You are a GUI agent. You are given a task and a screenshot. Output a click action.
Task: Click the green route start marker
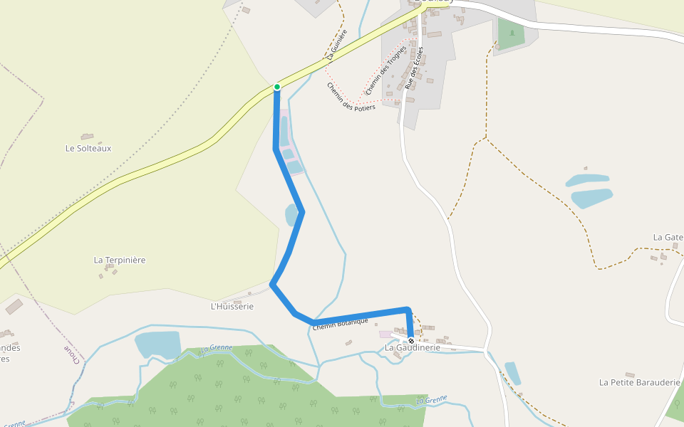(277, 87)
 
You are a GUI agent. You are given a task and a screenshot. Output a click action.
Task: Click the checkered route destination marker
(411, 341)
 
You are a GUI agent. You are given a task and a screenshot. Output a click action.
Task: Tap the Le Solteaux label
(88, 148)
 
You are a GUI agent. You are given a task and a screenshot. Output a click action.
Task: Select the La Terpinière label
(120, 260)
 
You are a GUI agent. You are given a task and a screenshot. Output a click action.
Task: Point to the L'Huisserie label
(232, 306)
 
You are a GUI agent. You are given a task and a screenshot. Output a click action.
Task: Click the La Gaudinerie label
(413, 347)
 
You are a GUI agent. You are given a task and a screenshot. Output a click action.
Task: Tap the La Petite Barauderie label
(640, 382)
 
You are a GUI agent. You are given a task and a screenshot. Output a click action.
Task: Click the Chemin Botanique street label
(340, 322)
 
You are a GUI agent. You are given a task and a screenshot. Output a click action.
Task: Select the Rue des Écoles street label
(414, 68)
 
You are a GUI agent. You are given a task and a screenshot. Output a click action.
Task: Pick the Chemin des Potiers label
(351, 97)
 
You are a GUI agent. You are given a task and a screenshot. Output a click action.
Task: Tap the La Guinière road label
(337, 44)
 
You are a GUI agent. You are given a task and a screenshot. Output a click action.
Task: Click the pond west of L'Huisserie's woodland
(157, 344)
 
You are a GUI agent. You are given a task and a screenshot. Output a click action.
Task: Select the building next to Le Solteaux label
(87, 136)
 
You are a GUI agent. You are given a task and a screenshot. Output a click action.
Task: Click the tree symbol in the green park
(512, 33)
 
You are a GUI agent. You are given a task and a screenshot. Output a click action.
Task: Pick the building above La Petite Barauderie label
(629, 374)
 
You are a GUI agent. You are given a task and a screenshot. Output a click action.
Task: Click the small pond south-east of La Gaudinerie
(513, 373)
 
